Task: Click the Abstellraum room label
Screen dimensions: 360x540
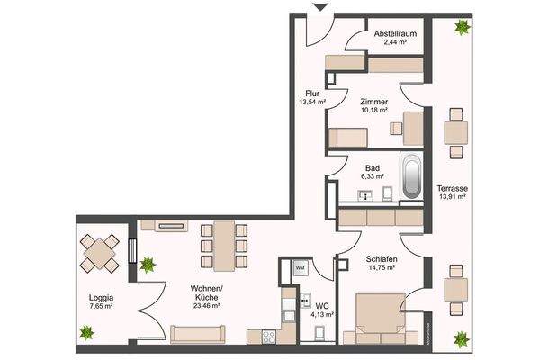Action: click(396, 34)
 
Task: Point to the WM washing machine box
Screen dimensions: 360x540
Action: click(299, 268)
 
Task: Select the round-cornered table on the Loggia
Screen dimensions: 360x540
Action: click(99, 254)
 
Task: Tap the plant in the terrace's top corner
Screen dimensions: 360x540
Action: click(463, 27)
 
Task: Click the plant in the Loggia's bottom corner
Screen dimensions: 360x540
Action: click(86, 333)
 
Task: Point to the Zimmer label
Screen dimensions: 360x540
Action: click(373, 102)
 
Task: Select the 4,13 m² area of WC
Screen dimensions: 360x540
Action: click(320, 316)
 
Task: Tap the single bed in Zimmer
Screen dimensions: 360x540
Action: click(346, 138)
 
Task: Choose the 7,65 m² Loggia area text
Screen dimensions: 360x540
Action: click(101, 306)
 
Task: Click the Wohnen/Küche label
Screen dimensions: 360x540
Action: click(207, 295)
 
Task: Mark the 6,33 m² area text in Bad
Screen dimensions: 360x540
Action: click(374, 177)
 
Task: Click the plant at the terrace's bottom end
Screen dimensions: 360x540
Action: click(461, 338)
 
